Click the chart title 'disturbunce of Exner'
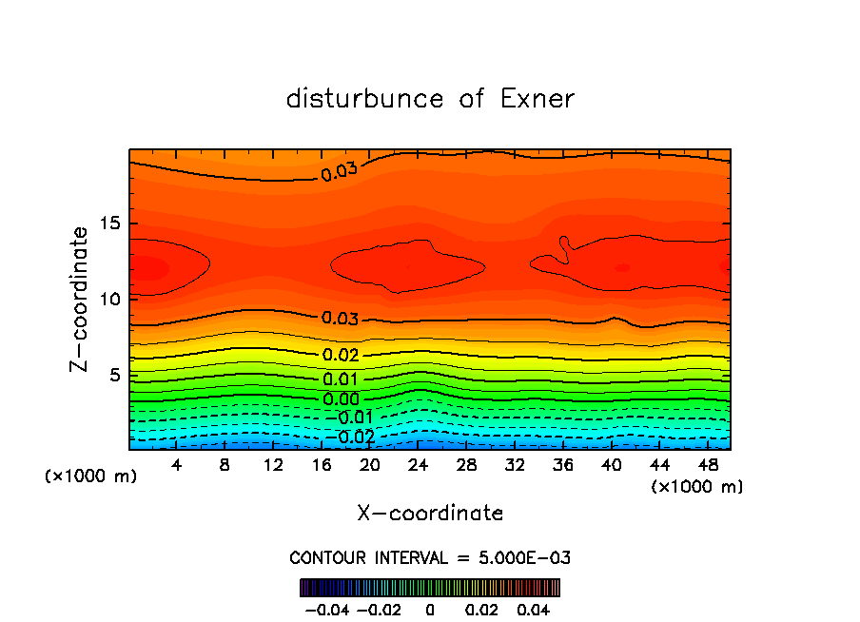coord(430,99)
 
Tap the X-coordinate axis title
coord(430,514)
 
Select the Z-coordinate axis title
coord(80,299)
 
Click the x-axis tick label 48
coord(710,465)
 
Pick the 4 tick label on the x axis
coord(177,465)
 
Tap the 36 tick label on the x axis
coord(563,465)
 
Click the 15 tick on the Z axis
coord(109,224)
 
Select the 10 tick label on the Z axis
coord(109,299)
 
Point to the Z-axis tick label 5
coord(114,375)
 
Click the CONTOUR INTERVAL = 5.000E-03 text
coord(430,557)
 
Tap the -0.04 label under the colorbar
coord(326,608)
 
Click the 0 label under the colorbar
coord(430,608)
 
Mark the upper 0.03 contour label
coord(339,173)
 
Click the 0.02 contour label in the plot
coord(341,355)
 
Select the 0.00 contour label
coord(341,399)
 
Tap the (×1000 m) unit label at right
coord(697,487)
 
